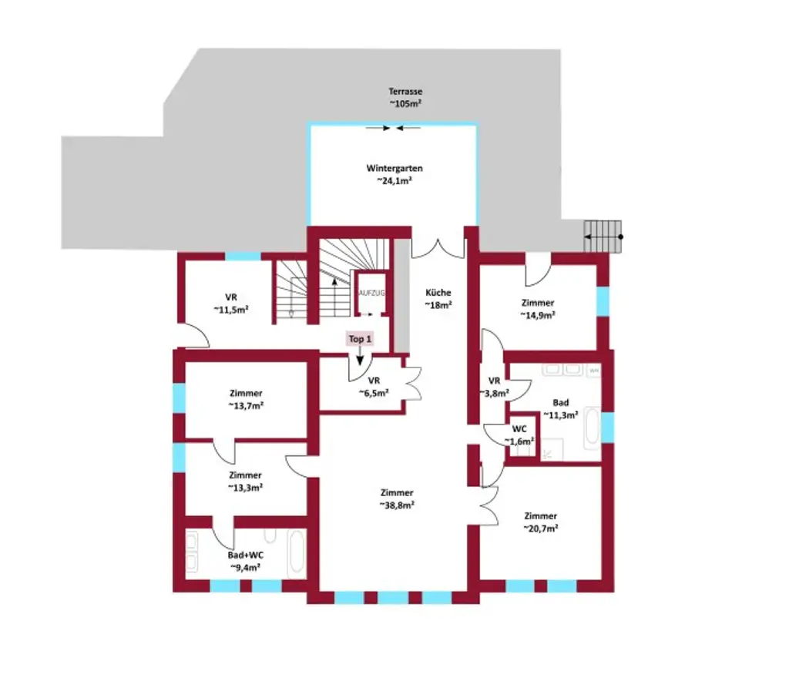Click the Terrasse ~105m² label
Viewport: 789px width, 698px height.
(x=405, y=97)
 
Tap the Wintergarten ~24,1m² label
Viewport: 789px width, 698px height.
(x=394, y=175)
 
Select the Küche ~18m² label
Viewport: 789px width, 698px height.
(x=438, y=299)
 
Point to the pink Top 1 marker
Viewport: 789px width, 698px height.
(x=361, y=339)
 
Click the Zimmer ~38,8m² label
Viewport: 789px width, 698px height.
(x=397, y=498)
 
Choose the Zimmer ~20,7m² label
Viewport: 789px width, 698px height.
(x=540, y=522)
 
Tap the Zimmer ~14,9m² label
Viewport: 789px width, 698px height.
(x=537, y=309)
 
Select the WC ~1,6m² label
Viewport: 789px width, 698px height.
(x=519, y=435)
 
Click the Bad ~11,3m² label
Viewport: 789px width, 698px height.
(x=561, y=408)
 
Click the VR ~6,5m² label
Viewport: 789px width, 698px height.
(x=374, y=386)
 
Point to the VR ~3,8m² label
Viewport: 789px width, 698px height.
(x=495, y=387)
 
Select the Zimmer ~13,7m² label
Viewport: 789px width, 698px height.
(x=245, y=398)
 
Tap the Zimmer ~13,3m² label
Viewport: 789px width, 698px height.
(x=245, y=481)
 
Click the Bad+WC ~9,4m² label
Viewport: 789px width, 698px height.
(x=244, y=560)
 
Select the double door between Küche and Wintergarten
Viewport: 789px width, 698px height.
(x=438, y=245)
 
